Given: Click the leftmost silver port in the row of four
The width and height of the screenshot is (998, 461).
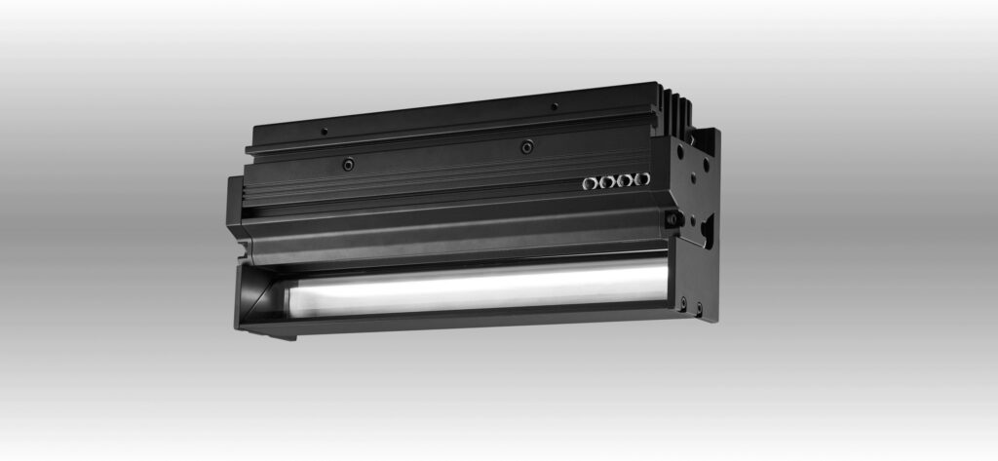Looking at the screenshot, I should (x=589, y=182).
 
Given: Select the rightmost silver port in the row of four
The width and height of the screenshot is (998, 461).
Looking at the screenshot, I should (x=641, y=179).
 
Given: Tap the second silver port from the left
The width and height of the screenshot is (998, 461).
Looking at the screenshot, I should (x=606, y=181).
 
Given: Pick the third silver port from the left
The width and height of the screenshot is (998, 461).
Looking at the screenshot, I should (x=625, y=180).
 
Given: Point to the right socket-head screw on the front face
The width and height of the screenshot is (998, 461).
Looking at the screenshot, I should (x=527, y=147).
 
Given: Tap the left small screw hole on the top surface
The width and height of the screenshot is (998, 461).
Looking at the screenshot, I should (x=325, y=132).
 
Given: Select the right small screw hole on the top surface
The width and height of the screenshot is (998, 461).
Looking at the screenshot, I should (x=554, y=105).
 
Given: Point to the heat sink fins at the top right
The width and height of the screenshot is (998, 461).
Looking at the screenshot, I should (x=679, y=108).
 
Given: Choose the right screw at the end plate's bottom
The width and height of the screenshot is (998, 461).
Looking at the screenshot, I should (x=698, y=311).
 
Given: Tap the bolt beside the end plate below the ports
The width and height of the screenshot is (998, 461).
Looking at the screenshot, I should (x=671, y=219).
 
